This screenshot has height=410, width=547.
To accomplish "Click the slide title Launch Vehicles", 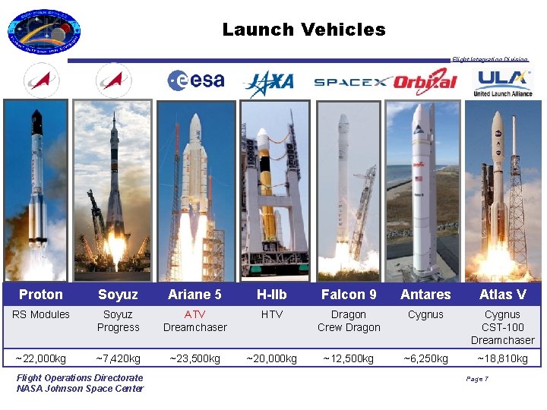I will (x=304, y=30).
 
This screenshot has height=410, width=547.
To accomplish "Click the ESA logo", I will (x=196, y=80).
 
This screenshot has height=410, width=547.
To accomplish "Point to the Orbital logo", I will (x=426, y=80).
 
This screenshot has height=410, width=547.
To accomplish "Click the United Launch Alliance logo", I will (x=502, y=82).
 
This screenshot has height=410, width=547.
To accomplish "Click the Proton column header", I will (x=41, y=295).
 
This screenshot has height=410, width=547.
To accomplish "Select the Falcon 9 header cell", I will (x=349, y=295).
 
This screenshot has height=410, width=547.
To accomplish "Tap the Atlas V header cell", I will (x=502, y=295).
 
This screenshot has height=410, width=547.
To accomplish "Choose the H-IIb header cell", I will (x=271, y=295).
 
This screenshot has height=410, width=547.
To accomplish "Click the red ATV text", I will (x=194, y=314).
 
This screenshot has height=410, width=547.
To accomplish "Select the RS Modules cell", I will (x=41, y=314).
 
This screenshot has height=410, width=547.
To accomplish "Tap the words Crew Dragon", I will (x=349, y=327).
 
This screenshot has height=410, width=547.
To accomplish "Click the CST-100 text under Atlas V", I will (x=502, y=327).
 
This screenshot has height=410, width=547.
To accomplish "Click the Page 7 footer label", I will (x=476, y=379).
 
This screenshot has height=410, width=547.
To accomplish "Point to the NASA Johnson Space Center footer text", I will (x=80, y=389).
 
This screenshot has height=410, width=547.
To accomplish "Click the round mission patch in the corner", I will (x=43, y=33).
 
